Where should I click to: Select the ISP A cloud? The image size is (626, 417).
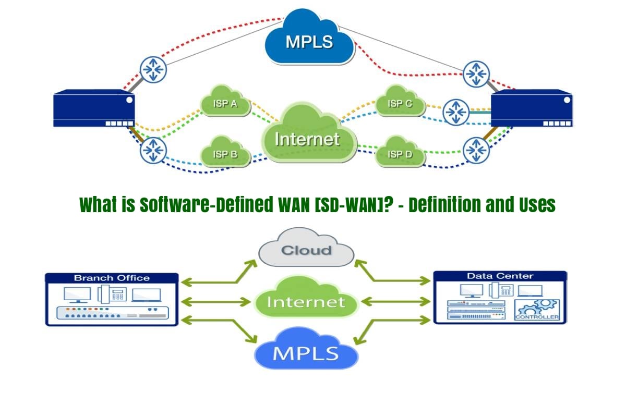click(x=225, y=104)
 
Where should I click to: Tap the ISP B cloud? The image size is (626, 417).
click(x=225, y=154)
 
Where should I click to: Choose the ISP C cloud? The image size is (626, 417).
click(x=399, y=104)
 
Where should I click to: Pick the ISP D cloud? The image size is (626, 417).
click(x=399, y=154)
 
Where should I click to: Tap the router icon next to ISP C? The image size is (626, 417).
click(x=456, y=112)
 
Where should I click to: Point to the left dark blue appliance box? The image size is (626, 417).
click(x=94, y=108)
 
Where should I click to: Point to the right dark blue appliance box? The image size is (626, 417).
click(x=532, y=108)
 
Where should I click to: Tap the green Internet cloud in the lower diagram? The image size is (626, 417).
click(x=307, y=301)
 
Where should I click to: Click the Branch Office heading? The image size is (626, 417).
click(x=112, y=278)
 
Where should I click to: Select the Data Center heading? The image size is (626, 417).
click(x=500, y=276)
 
